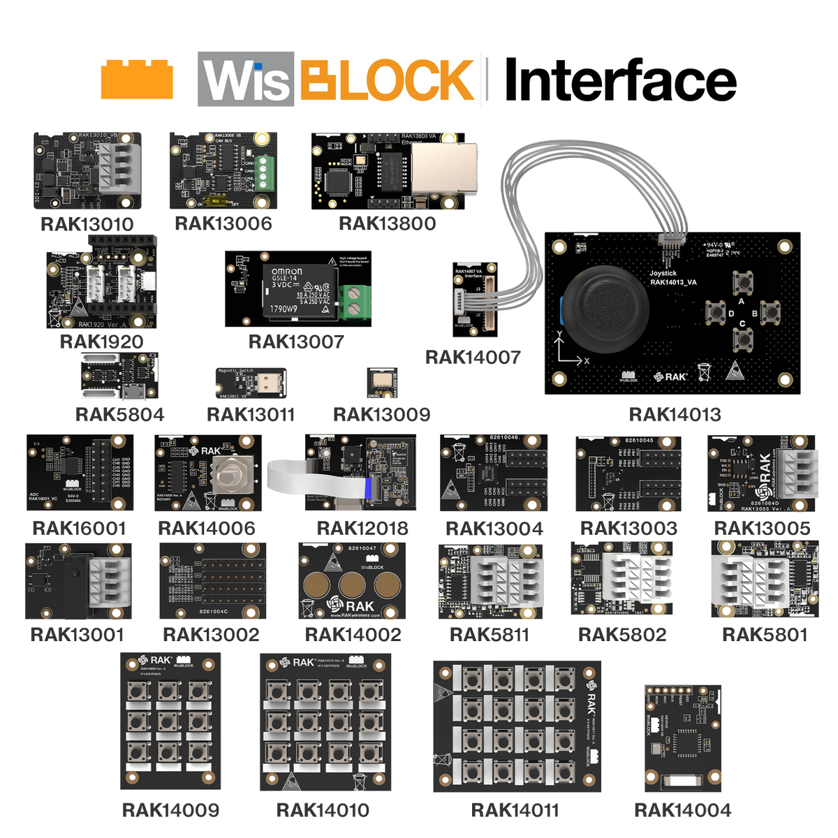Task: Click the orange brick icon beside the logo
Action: [136, 79]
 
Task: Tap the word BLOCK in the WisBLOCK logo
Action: [388, 79]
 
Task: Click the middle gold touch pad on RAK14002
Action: [352, 582]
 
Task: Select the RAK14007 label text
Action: [473, 357]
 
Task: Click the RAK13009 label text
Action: [381, 414]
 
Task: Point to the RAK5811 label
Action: [490, 634]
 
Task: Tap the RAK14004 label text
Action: [683, 809]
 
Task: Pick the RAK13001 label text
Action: [78, 634]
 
